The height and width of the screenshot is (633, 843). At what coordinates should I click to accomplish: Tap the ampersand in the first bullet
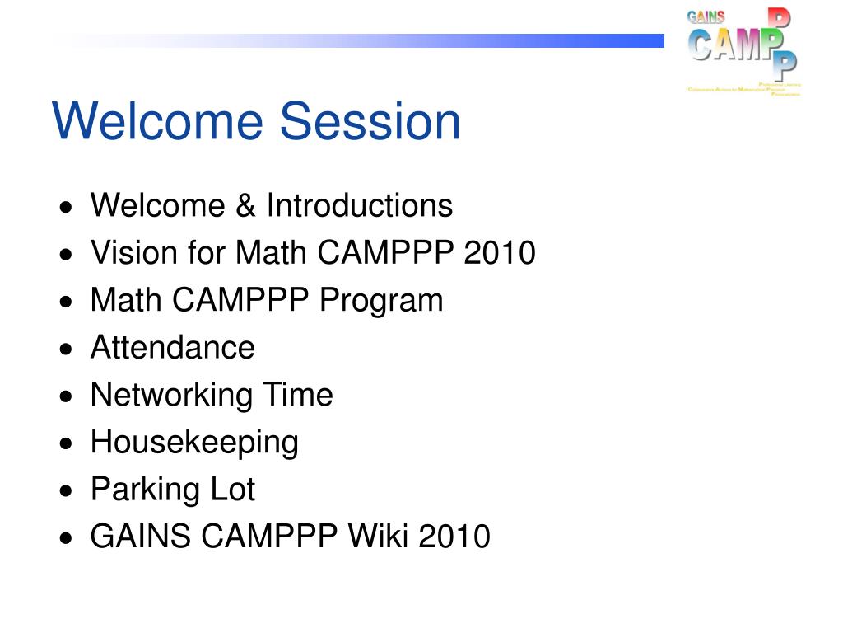(245, 206)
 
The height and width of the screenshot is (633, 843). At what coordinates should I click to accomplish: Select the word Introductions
(359, 206)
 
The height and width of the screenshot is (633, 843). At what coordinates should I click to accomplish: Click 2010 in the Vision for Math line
(500, 253)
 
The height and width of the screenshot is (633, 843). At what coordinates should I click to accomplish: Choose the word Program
(381, 301)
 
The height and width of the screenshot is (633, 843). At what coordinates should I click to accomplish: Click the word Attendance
(173, 348)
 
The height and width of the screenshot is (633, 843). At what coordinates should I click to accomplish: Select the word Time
(297, 396)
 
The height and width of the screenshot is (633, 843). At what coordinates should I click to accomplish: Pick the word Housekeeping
(194, 443)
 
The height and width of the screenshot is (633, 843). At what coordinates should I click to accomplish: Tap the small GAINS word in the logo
(706, 16)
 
